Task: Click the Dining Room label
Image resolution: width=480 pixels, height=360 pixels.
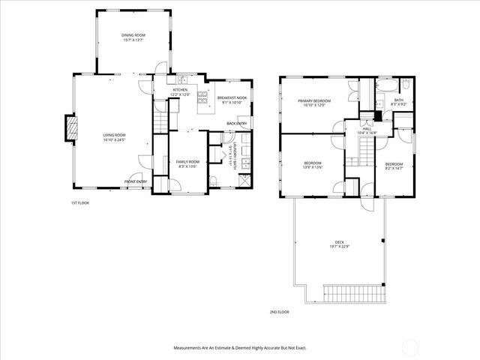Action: pos(133,35)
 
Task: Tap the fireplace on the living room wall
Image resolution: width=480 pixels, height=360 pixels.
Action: pos(72,128)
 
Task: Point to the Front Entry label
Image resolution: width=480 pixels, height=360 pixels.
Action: pos(135,181)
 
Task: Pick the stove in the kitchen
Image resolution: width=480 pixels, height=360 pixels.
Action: pos(202,96)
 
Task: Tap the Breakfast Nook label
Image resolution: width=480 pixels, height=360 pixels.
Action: pos(232,97)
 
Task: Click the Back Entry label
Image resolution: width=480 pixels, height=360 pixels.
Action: pos(236,124)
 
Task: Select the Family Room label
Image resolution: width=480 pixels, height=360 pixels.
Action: pos(187,161)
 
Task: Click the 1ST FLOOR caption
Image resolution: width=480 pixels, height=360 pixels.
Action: pos(80,202)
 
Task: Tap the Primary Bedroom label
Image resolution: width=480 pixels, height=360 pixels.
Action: pos(314,100)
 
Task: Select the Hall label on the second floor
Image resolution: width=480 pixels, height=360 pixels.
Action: pos(367,129)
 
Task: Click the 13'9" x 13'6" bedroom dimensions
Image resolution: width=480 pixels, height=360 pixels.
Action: pos(313,167)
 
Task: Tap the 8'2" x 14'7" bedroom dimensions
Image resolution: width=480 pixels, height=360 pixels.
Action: pos(394,167)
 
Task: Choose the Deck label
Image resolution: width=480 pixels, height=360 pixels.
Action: pos(339,242)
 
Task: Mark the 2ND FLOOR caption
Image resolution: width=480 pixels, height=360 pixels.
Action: pos(279,312)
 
